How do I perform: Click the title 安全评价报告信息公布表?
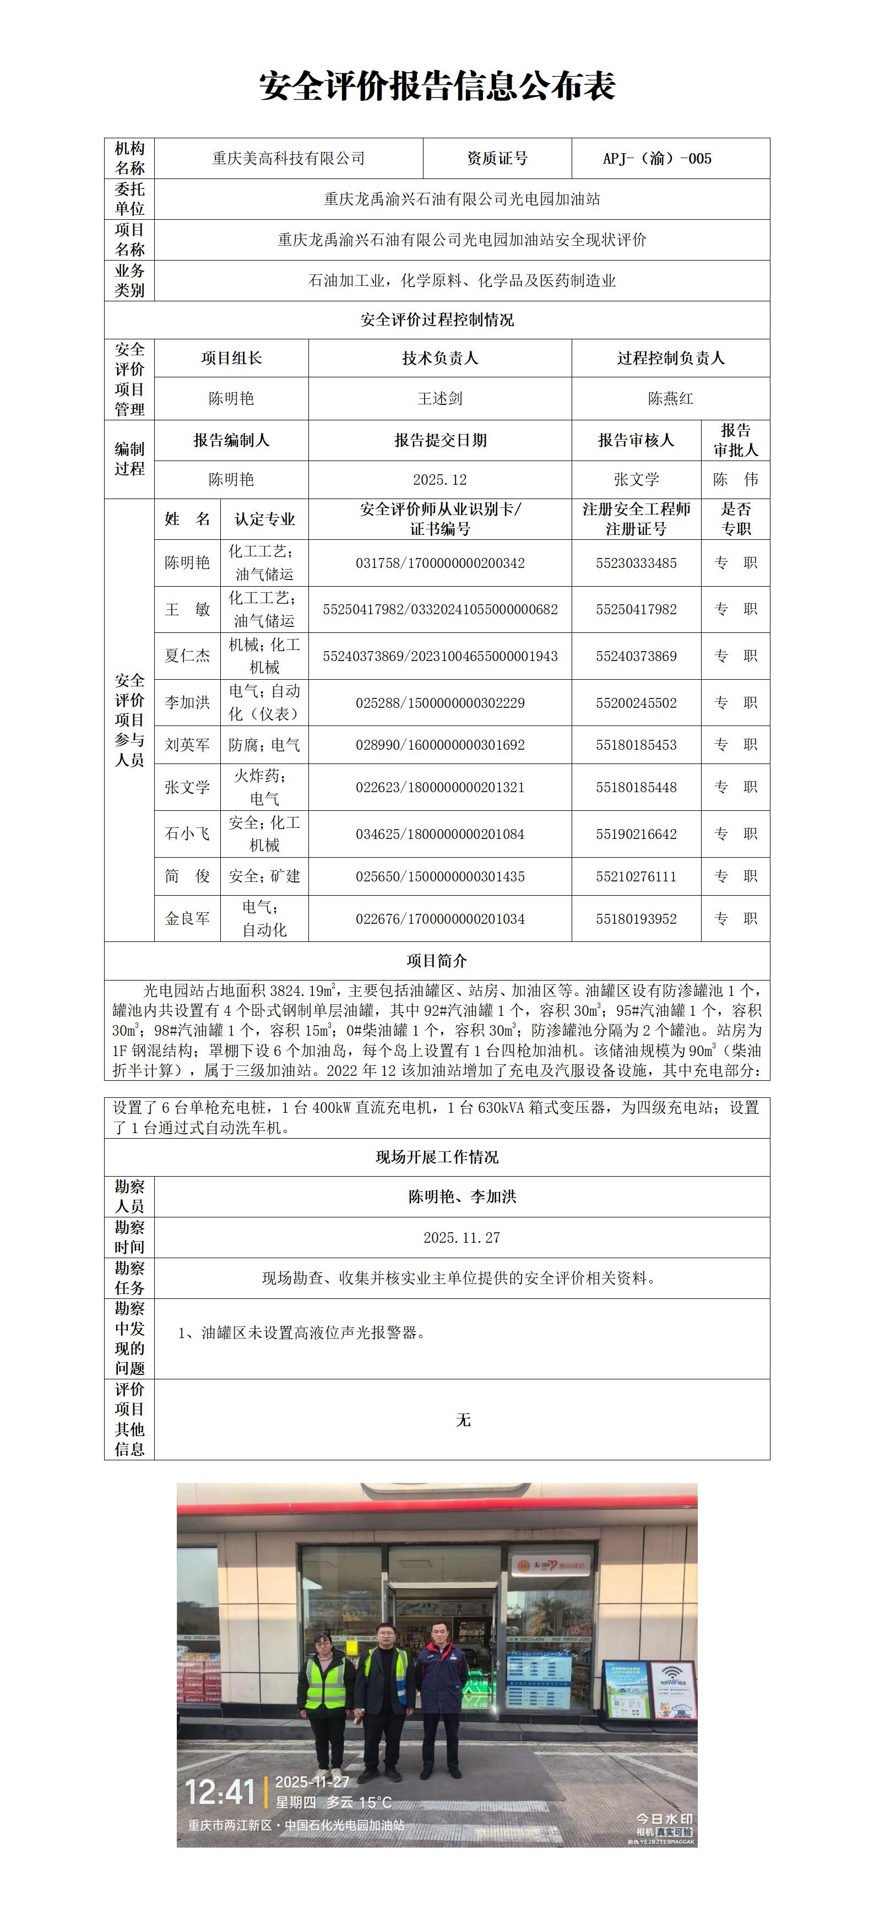pyautogui.click(x=437, y=86)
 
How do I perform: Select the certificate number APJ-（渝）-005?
pyautogui.click(x=657, y=159)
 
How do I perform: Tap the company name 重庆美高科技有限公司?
pyautogui.click(x=289, y=159)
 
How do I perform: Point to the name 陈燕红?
pyautogui.click(x=670, y=399)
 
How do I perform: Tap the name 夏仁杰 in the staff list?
pyautogui.click(x=187, y=656)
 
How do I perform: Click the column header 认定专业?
pyautogui.click(x=265, y=519)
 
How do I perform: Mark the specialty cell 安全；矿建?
pyautogui.click(x=265, y=876)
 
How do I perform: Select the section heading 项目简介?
pyautogui.click(x=437, y=961)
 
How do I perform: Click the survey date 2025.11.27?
pyautogui.click(x=462, y=1238)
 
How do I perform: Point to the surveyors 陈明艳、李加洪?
pyautogui.click(x=462, y=1196)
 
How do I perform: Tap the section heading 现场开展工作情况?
pyautogui.click(x=437, y=1157)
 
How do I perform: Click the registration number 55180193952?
pyautogui.click(x=636, y=919)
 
